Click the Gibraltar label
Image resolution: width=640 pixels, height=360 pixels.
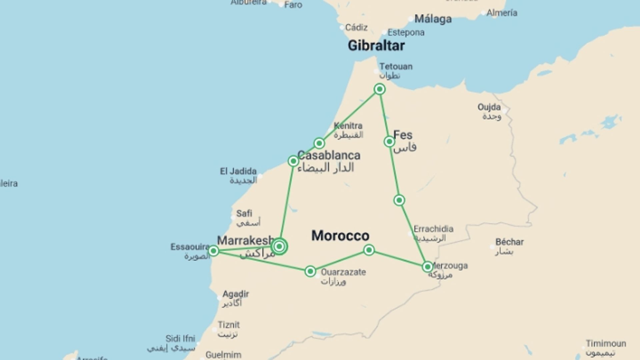pyautogui.click(x=376, y=45)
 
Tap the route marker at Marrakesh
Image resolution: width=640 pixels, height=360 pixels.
pyautogui.click(x=279, y=247)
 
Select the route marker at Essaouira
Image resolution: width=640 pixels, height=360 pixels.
pyautogui.click(x=213, y=251)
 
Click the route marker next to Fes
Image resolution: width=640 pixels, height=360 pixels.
pyautogui.click(x=389, y=142)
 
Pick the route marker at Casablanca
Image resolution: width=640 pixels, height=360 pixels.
pyautogui.click(x=293, y=161)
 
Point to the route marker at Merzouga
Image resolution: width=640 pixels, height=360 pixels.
pyautogui.click(x=427, y=267)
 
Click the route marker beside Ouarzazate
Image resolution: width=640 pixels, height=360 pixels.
pyautogui.click(x=310, y=271)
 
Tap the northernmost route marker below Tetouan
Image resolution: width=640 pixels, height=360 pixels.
pyautogui.click(x=379, y=89)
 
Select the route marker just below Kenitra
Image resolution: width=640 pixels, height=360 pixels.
pyautogui.click(x=319, y=143)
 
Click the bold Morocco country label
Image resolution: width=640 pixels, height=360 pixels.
pyautogui.click(x=340, y=236)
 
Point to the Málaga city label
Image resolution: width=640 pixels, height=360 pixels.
pyautogui.click(x=433, y=19)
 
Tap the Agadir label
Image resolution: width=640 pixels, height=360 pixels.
pyautogui.click(x=235, y=294)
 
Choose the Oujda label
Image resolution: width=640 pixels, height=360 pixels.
pyautogui.click(x=489, y=107)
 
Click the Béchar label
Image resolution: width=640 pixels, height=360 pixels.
pyautogui.click(x=509, y=242)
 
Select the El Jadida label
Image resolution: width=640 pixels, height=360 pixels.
pyautogui.click(x=238, y=172)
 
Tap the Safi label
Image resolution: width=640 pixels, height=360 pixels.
pyautogui.click(x=244, y=213)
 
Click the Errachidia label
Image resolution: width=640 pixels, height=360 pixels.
pyautogui.click(x=433, y=229)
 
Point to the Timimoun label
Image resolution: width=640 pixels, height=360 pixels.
pyautogui.click(x=606, y=343)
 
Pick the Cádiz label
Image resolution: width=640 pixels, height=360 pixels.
pyautogui.click(x=356, y=27)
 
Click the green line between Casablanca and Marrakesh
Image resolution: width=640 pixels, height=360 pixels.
pyautogui.click(x=286, y=203)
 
